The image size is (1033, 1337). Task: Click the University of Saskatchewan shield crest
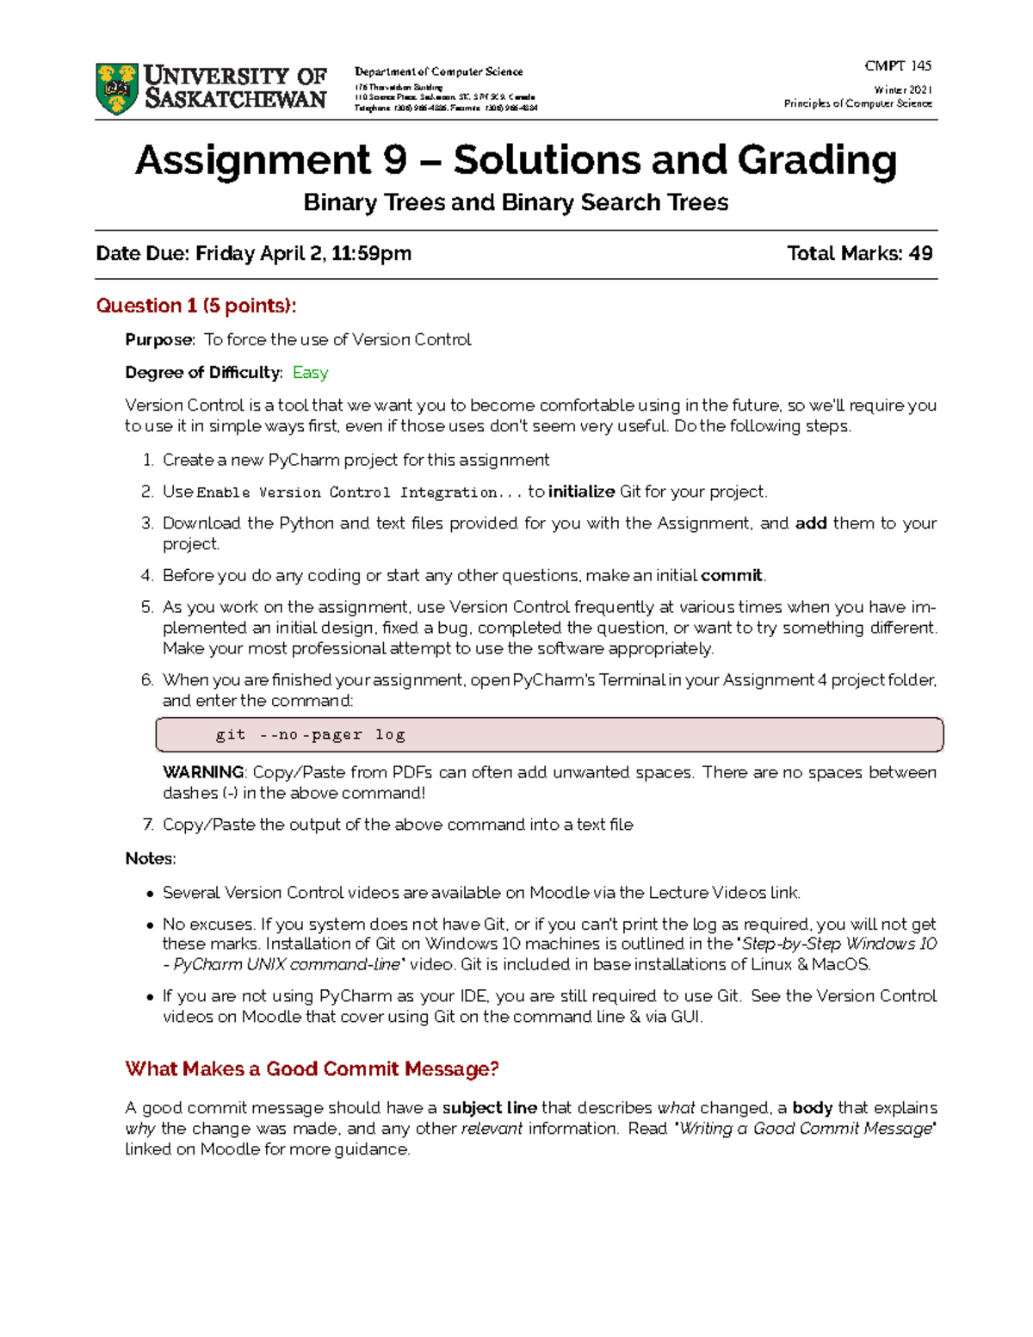click(117, 88)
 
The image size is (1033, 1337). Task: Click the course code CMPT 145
click(898, 65)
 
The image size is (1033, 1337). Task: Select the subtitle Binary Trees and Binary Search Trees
click(516, 202)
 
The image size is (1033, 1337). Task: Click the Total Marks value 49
click(920, 253)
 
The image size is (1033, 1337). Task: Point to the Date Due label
click(142, 253)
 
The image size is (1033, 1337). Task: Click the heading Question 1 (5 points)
click(196, 306)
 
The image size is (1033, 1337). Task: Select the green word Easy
click(310, 373)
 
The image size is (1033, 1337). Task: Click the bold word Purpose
click(159, 340)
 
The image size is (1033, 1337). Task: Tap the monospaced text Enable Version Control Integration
click(359, 492)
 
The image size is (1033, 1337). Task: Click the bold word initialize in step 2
click(581, 492)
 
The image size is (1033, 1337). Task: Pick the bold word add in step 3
click(811, 523)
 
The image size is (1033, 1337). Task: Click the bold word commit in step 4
click(732, 575)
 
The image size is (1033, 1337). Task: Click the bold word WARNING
click(204, 772)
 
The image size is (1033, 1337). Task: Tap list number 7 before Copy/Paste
click(148, 825)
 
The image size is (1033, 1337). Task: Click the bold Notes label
click(151, 858)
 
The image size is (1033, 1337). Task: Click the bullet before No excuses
click(151, 925)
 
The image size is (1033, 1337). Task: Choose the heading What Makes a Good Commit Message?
click(312, 1069)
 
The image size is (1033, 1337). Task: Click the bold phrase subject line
click(489, 1108)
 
